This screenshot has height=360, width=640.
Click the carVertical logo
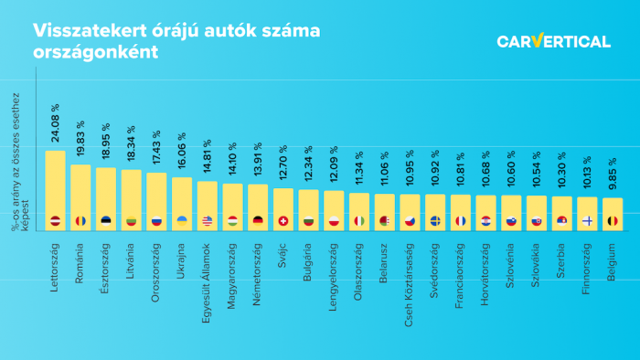[x=553, y=41]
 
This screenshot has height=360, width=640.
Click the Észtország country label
[x=106, y=265]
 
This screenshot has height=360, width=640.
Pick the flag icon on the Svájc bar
[x=283, y=221]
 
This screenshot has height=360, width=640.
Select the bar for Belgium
[x=613, y=212]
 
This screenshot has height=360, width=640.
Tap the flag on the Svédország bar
[x=435, y=221]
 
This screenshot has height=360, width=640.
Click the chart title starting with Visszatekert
[x=177, y=41]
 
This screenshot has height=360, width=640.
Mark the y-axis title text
[x=16, y=160]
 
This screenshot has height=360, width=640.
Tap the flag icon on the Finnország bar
[x=587, y=221]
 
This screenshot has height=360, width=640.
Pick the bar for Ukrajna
[x=182, y=203]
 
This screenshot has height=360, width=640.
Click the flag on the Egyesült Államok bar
[x=208, y=221]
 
